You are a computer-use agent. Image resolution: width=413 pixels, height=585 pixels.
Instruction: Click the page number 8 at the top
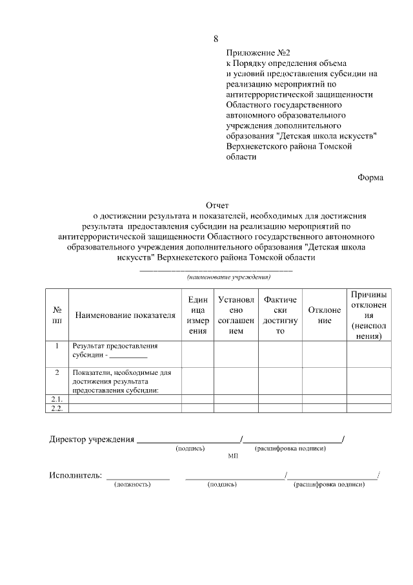(x=216, y=39)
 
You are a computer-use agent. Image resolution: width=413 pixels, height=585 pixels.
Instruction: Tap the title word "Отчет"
(x=216, y=204)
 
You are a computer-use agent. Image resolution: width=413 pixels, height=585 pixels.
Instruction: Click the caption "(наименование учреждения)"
(x=228, y=277)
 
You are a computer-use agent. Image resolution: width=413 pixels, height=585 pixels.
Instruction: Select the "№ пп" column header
(x=57, y=315)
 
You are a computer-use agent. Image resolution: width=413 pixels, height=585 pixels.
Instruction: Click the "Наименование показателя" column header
(x=125, y=315)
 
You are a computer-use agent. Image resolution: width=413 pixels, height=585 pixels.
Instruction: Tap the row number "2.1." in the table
(x=57, y=399)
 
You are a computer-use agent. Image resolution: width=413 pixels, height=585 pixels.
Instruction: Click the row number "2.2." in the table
(x=57, y=409)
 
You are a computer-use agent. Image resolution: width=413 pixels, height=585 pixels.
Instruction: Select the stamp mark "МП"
(x=233, y=456)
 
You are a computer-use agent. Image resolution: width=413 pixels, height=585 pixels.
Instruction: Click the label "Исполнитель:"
(x=76, y=476)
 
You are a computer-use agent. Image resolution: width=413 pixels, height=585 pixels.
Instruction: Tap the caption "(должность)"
(x=132, y=484)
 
